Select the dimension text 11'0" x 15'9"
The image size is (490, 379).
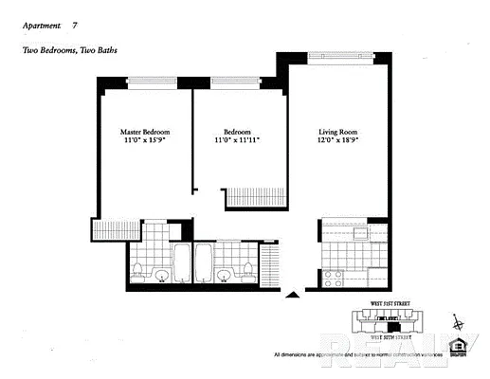[x=145, y=140]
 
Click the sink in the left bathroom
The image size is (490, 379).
[x=161, y=276]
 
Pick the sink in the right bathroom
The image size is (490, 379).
[x=224, y=276]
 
